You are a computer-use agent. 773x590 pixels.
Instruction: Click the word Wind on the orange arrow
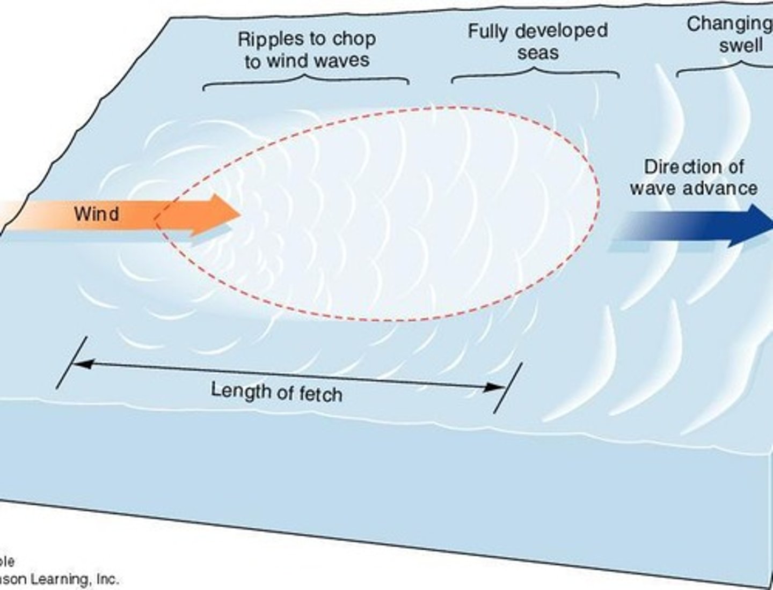[97, 214]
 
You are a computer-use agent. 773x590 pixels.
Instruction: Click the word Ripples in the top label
[265, 40]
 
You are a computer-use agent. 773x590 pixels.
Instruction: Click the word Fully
[488, 31]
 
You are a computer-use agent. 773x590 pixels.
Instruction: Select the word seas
[538, 53]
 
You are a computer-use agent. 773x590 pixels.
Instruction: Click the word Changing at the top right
[730, 24]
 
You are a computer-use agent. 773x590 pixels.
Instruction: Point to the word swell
[741, 46]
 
